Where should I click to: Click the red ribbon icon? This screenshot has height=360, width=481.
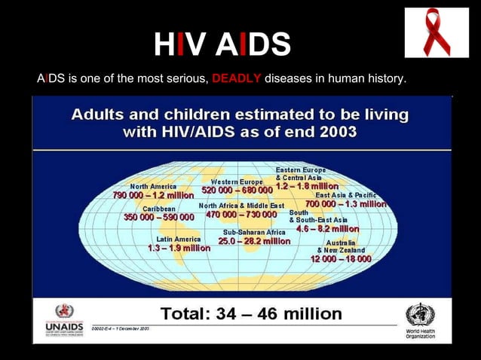(x=437, y=32)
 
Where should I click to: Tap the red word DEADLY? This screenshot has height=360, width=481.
(x=237, y=77)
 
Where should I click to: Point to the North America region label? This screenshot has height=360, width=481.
(x=154, y=186)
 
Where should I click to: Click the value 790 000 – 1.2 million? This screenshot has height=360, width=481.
(x=155, y=196)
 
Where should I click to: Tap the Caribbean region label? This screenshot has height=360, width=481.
(x=159, y=207)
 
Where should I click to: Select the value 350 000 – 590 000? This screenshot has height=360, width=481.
(x=159, y=217)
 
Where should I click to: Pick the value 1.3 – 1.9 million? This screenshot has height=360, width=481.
(x=179, y=247)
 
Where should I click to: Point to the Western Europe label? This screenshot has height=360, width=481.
(x=237, y=182)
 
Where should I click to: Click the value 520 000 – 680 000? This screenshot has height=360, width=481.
(x=237, y=191)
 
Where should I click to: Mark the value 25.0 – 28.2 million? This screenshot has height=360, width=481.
(x=254, y=242)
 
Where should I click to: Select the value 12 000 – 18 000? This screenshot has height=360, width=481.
(x=341, y=258)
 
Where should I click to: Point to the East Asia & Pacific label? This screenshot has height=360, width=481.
(x=345, y=194)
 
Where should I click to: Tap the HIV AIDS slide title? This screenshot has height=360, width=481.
(x=222, y=45)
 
